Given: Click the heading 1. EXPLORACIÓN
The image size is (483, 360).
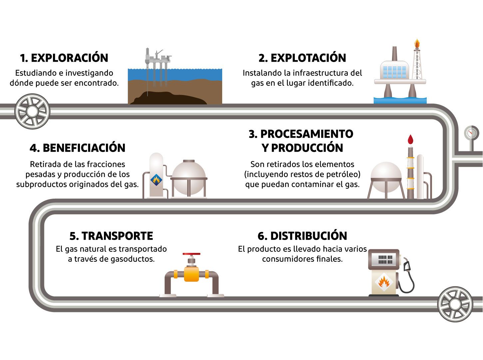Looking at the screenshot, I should [x=64, y=58].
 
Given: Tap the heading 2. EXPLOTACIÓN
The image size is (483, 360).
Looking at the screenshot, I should [x=302, y=58].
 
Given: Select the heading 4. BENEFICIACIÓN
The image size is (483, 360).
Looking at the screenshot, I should [x=77, y=148].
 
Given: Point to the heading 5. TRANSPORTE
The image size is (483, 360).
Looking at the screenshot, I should [x=111, y=236].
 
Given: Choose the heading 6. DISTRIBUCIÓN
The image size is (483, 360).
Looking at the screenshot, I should [x=302, y=236].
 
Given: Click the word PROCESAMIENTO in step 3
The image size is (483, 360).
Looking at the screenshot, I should [x=306, y=134].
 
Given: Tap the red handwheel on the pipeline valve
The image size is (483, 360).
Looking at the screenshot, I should [x=192, y=254].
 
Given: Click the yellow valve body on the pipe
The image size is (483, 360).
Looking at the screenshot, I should [x=192, y=274].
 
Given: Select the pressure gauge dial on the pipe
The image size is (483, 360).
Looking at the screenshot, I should [x=471, y=133].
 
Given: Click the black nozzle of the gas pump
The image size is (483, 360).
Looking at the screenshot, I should [x=407, y=265].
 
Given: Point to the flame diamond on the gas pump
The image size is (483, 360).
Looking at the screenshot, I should [x=384, y=282].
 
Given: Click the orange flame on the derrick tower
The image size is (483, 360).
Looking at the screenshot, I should [x=417, y=44].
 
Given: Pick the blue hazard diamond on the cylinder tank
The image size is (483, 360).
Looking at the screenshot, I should [x=156, y=180].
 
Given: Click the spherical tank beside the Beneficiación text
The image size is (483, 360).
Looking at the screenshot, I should [x=189, y=177].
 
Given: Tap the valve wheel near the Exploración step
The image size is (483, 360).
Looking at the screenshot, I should [x=32, y=112].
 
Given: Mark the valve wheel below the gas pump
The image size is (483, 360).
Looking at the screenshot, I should [x=455, y=304].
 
